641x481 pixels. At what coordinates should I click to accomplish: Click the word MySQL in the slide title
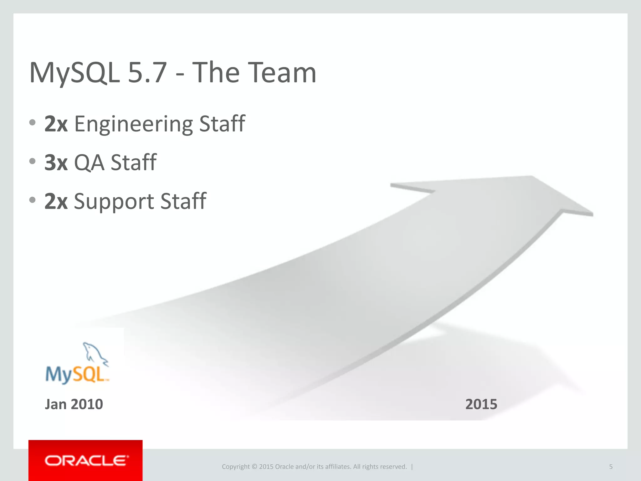[x=74, y=73]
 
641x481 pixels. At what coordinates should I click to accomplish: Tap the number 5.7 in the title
[x=147, y=73]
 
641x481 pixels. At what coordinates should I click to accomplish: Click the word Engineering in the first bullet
[x=134, y=124]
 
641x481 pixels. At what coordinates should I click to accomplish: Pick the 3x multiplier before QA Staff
[x=56, y=163]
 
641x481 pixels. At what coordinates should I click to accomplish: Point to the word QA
[x=89, y=163]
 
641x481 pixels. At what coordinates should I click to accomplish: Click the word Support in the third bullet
[x=114, y=201]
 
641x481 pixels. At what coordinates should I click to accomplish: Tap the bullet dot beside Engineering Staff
[x=32, y=122]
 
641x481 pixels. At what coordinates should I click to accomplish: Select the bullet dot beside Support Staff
[x=32, y=200]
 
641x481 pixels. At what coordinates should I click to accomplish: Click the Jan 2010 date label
[x=74, y=404]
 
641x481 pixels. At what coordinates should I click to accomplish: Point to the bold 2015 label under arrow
[x=481, y=404]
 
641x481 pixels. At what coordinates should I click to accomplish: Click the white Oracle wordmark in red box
[x=86, y=461]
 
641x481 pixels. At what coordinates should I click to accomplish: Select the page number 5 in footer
[x=611, y=467]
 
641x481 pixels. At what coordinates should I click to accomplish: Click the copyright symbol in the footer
[x=254, y=467]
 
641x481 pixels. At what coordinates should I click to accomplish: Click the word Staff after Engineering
[x=222, y=124]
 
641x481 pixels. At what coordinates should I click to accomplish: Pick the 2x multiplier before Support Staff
[x=56, y=201]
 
